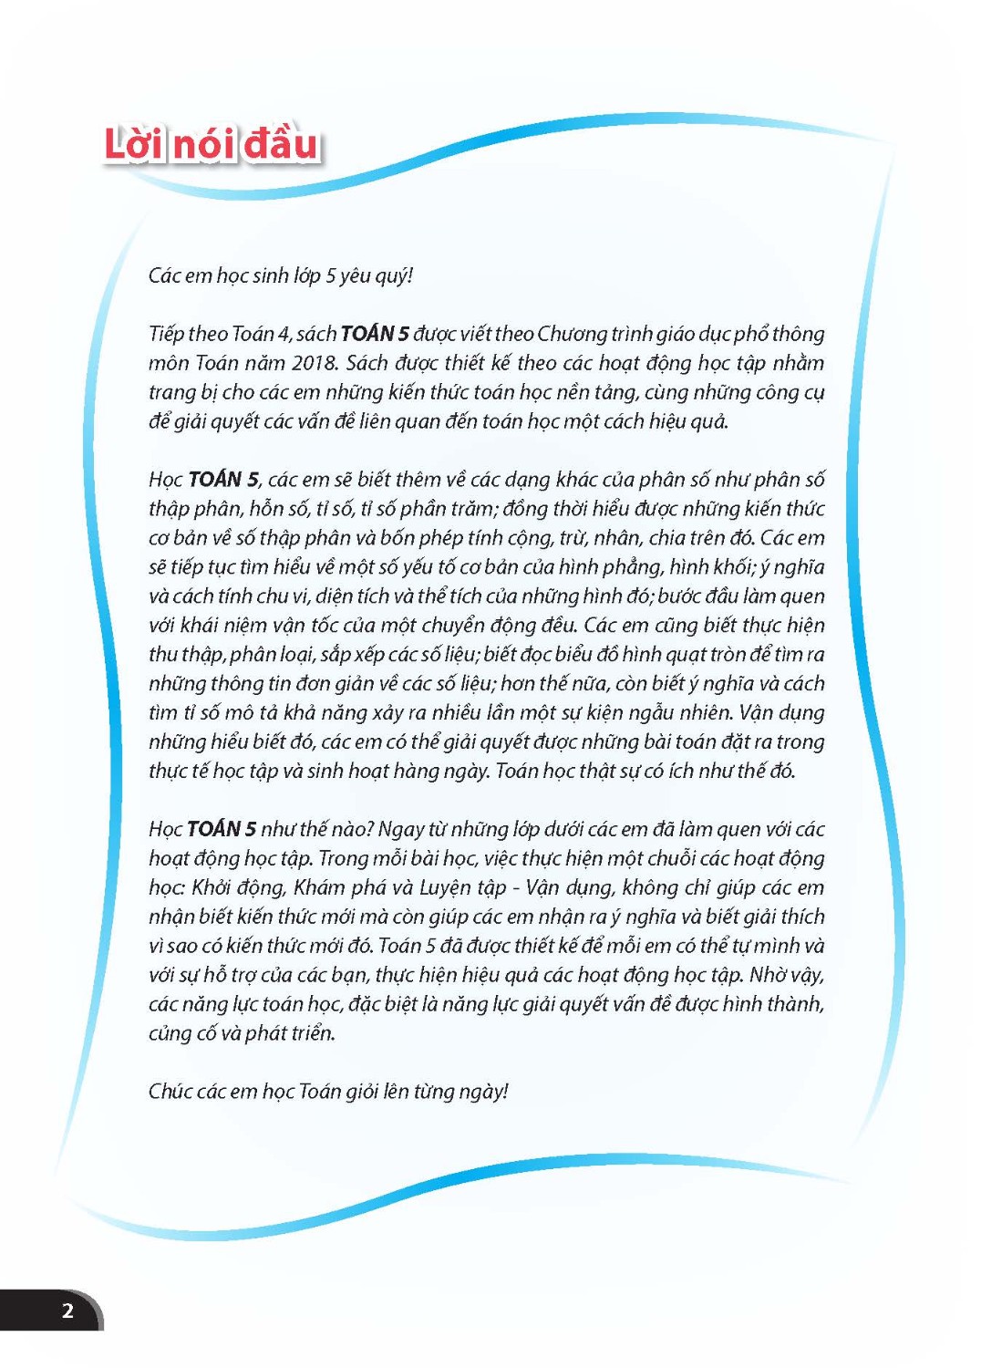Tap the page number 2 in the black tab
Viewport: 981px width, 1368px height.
(x=67, y=1311)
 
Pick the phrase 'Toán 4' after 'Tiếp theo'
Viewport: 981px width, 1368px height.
(x=262, y=334)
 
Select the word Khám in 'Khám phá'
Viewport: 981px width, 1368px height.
(x=321, y=887)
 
